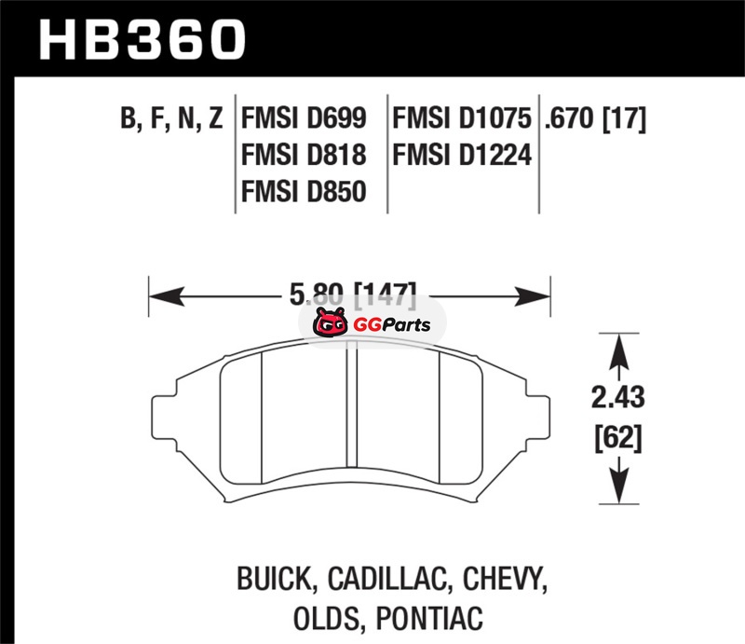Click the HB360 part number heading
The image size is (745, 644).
[142, 40]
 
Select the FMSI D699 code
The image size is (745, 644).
[305, 118]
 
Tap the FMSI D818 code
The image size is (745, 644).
[305, 155]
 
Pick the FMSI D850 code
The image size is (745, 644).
[305, 192]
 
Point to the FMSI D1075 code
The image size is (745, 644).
[461, 118]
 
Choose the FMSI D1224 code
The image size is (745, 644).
[462, 155]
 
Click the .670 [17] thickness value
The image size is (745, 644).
[595, 119]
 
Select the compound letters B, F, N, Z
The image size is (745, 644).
[171, 119]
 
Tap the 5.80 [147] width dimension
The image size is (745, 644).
[353, 295]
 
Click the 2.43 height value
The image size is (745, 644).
[617, 397]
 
